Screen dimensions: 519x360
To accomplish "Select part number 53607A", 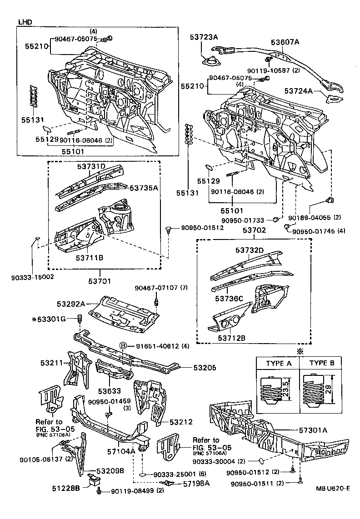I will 285,42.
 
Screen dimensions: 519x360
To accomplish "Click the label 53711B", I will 89,258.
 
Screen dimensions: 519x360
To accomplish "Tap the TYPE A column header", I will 278,364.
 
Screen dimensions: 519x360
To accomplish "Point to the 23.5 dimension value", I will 286,389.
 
